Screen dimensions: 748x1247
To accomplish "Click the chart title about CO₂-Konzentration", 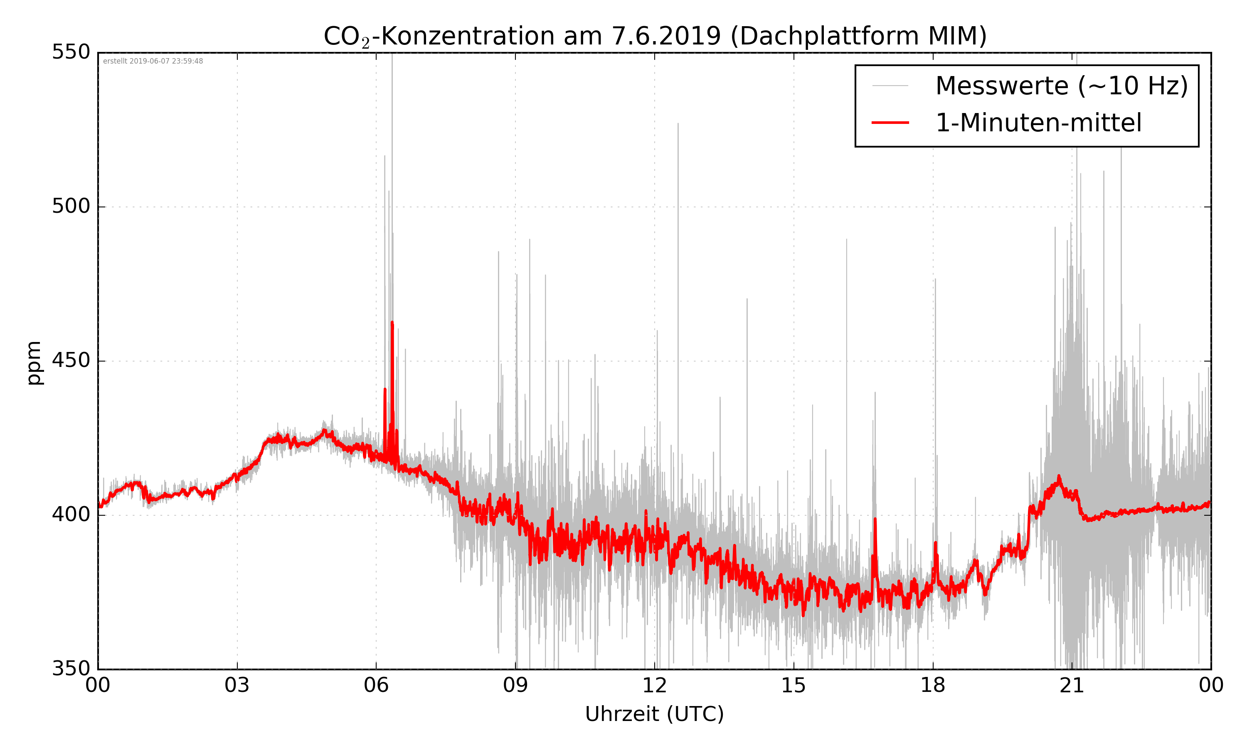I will click(655, 36).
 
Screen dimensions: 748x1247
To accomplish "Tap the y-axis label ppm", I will click(34, 362).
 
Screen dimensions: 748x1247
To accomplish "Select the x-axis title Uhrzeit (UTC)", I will click(654, 714).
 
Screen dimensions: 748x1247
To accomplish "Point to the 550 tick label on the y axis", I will click(71, 52).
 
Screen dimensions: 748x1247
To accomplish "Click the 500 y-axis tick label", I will click(71, 206).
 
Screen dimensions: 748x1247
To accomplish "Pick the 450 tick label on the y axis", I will click(71, 360).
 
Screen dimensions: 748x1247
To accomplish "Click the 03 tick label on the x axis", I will click(237, 686).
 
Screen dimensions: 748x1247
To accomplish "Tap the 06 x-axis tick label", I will click(376, 686).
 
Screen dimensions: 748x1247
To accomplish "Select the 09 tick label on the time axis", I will click(515, 686).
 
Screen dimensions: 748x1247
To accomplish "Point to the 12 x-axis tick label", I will click(654, 686).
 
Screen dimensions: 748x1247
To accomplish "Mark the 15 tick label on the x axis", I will click(794, 686).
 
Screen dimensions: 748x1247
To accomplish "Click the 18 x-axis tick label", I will click(932, 686).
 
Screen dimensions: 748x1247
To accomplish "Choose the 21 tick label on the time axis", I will click(1072, 686).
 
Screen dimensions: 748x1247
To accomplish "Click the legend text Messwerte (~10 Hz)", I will click(1062, 86).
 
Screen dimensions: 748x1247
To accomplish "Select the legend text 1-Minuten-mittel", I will click(1038, 123).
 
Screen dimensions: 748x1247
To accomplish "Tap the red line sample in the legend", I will click(890, 123).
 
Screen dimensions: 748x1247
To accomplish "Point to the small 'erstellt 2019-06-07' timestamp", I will click(153, 61).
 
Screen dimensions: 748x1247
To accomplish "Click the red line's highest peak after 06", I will click(392, 322).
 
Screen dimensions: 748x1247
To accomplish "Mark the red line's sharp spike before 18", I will click(875, 519).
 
